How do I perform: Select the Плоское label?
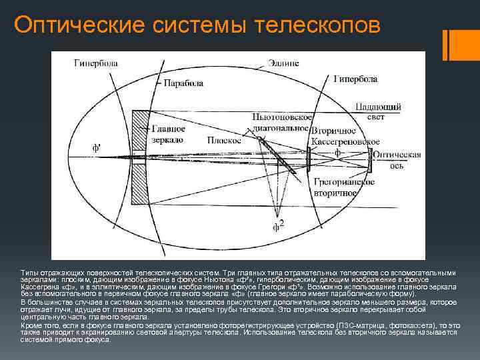pyautogui.click(x=219, y=141)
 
